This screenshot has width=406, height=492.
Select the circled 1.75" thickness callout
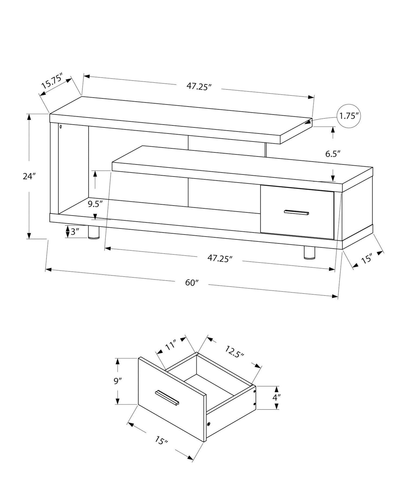tap(349, 116)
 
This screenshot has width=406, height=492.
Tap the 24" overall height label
tap(29, 177)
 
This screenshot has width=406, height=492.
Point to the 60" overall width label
tap(192, 283)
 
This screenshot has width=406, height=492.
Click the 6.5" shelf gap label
tap(333, 154)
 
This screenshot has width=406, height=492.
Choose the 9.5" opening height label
tap(95, 204)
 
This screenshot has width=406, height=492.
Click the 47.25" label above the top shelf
tap(199, 87)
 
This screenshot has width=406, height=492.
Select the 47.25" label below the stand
tap(220, 258)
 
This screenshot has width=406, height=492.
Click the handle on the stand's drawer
tap(296, 212)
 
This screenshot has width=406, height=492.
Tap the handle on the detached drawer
tap(167, 398)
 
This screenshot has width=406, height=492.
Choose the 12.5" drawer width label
tap(234, 352)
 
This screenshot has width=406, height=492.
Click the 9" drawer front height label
tap(117, 381)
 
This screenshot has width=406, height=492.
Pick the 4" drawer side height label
tap(276, 398)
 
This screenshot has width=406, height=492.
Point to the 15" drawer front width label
tap(161, 441)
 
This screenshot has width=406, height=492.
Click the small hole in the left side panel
tap(61, 127)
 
